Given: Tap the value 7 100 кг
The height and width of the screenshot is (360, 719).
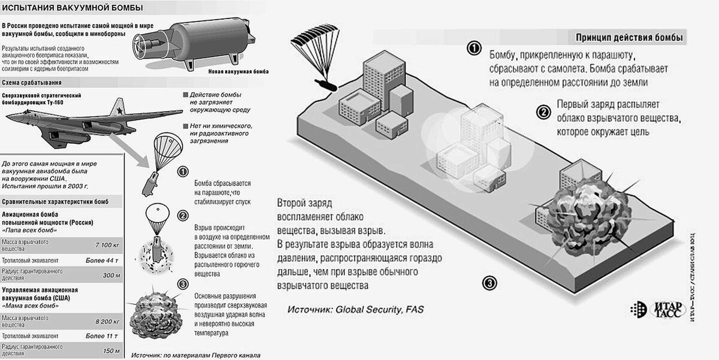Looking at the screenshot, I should (x=108, y=245).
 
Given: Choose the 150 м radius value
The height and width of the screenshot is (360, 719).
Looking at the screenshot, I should (x=112, y=350).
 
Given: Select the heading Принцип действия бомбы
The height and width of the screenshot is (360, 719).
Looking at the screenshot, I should (x=629, y=38).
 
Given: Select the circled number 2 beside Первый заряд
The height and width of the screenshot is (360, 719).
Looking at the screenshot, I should (x=543, y=112).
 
